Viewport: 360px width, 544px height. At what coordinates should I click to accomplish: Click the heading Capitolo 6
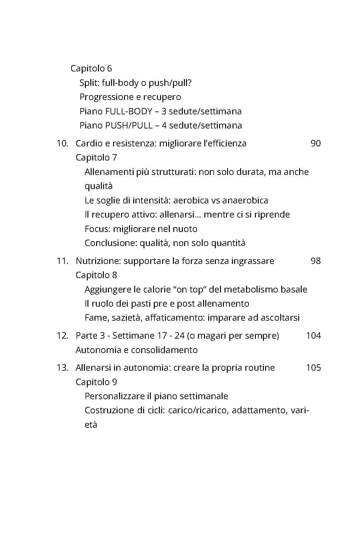tap(91, 69)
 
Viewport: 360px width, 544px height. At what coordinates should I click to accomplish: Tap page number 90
tap(315, 143)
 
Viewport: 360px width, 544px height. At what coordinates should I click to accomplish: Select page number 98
tap(315, 261)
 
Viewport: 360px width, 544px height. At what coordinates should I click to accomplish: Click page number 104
tap(313, 335)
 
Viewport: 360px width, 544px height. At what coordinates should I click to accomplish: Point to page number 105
tap(313, 367)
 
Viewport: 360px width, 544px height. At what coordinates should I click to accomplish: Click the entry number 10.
tap(62, 143)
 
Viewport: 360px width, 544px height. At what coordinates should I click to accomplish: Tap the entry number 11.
tap(62, 261)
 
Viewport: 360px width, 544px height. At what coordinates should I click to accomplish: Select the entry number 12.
tap(62, 335)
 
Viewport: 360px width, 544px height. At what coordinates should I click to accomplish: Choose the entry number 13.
tap(62, 367)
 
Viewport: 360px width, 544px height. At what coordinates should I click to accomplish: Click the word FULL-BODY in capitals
tap(128, 111)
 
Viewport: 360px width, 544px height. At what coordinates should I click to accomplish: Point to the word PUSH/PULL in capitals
tap(129, 125)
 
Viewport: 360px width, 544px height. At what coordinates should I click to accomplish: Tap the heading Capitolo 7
tap(96, 158)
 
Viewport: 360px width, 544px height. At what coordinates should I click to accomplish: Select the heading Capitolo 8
tap(96, 275)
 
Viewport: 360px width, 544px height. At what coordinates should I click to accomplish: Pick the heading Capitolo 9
tap(96, 382)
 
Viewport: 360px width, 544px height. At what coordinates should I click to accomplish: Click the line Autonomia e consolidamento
tap(136, 350)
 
